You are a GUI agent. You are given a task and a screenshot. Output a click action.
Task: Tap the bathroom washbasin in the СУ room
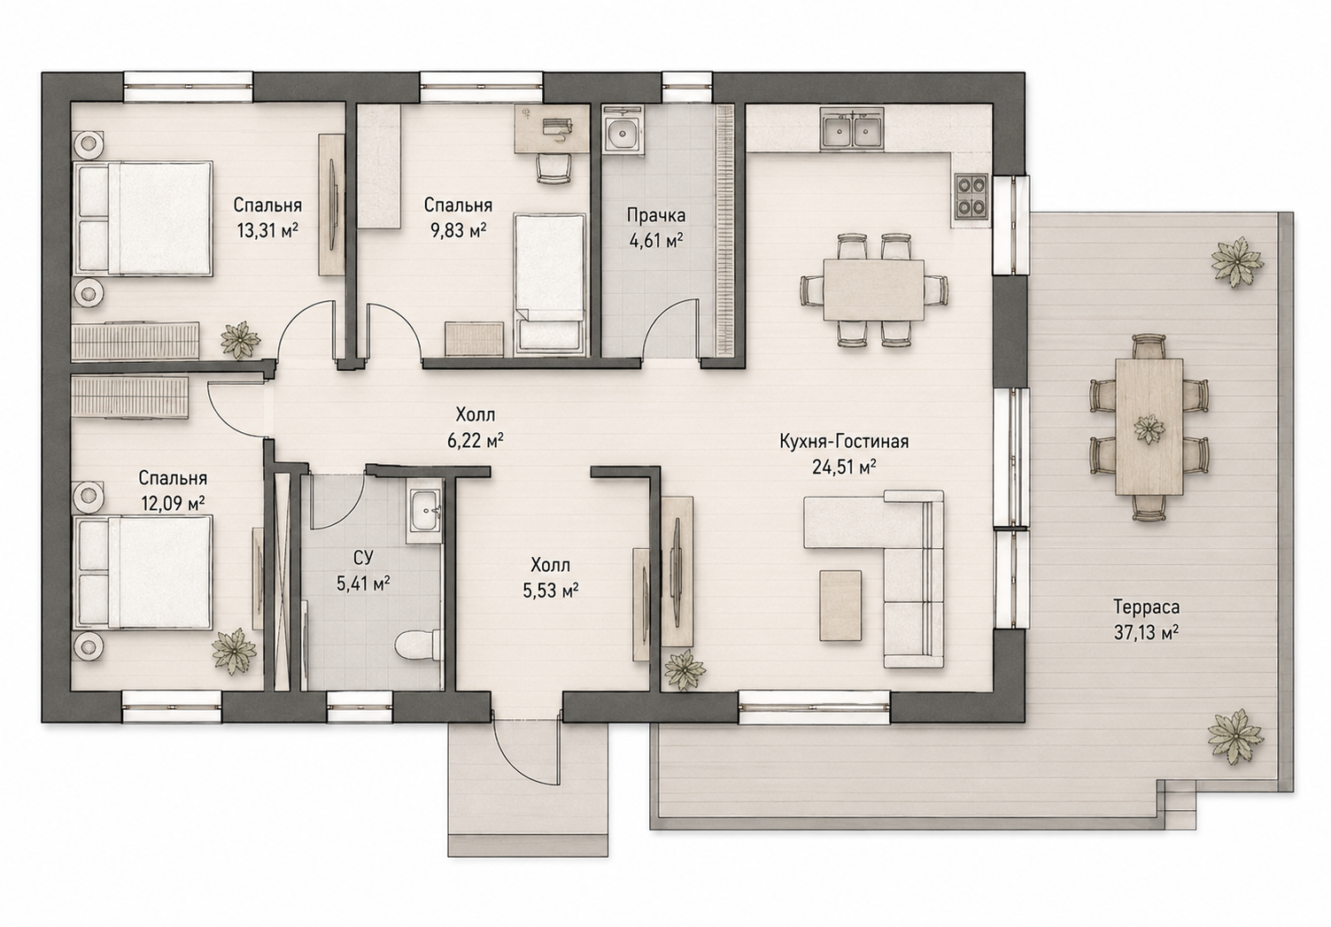point(424,511)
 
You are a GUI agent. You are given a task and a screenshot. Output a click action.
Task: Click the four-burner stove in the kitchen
point(971,196)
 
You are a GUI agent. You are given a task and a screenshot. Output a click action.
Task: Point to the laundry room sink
point(623,134)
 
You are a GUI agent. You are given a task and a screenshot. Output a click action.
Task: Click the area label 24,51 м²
point(844,467)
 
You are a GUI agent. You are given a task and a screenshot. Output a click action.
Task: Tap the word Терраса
point(1146,606)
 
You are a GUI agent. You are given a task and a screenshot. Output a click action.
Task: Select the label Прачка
point(656,214)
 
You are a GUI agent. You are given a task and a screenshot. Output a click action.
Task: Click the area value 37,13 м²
point(1146,632)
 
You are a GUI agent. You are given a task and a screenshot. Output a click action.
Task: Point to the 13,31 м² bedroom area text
point(267,230)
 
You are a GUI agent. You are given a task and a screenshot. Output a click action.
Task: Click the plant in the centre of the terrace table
point(1149,429)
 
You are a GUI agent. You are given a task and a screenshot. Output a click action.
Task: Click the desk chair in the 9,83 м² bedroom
point(553,167)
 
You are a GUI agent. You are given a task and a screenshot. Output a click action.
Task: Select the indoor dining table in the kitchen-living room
point(873,290)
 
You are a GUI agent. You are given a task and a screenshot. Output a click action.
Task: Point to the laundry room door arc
point(660,321)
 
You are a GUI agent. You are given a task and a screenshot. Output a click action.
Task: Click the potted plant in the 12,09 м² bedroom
point(234,652)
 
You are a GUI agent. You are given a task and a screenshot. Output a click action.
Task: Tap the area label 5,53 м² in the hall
point(551,590)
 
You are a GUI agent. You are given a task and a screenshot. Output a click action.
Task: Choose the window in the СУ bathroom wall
point(360,706)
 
